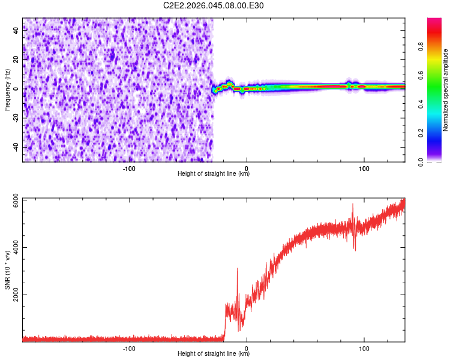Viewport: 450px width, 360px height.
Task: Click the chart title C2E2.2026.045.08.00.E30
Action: (x=214, y=5)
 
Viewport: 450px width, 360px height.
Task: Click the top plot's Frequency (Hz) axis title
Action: (x=7, y=89)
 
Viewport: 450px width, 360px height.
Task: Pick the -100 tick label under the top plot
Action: (x=129, y=168)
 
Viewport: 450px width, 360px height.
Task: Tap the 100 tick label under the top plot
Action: (x=364, y=168)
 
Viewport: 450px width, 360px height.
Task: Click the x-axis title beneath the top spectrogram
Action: (x=214, y=174)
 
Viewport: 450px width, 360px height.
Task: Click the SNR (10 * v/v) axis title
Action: (x=7, y=269)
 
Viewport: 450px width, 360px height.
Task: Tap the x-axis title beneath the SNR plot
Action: (x=214, y=354)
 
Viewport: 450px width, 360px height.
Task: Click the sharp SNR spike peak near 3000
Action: (x=238, y=269)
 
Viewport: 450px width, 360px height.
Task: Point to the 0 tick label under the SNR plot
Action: (x=247, y=348)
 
